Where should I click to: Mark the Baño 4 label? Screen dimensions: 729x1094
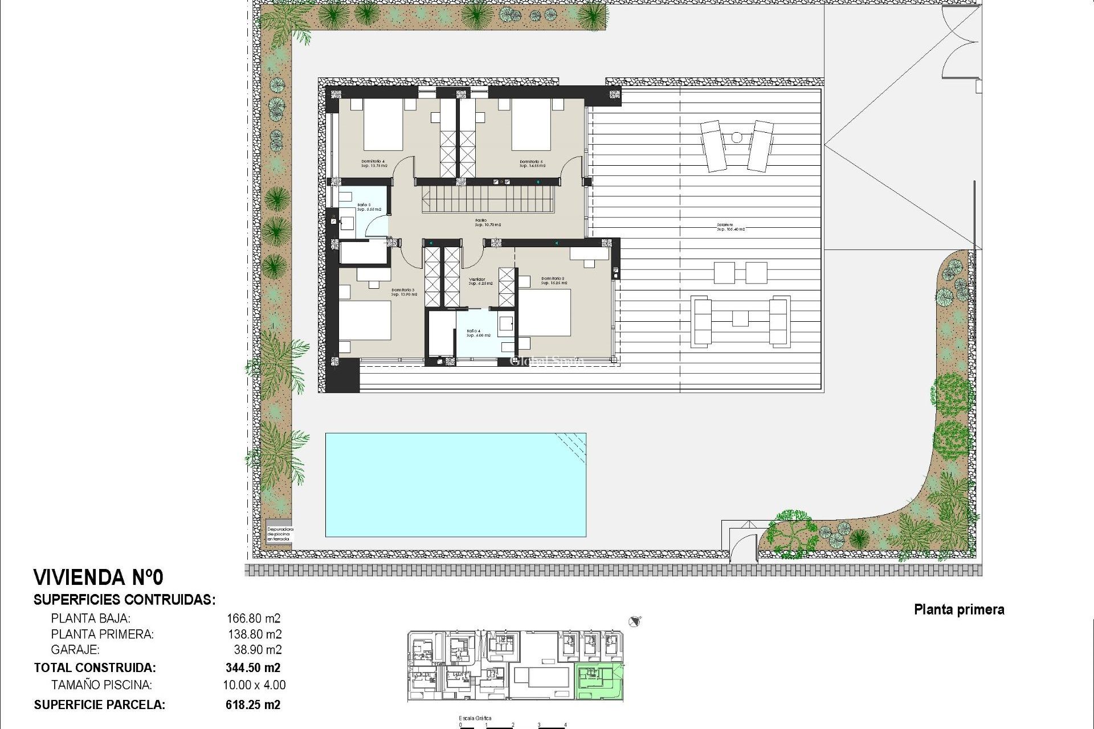coord(478,333)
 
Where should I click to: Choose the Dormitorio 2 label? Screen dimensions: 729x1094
coord(553,281)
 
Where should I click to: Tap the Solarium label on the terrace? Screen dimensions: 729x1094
coord(730,227)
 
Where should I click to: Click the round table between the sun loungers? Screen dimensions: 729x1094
coord(737,137)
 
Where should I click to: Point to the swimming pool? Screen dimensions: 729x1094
coord(455,485)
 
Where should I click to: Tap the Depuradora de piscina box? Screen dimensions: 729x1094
coord(279,533)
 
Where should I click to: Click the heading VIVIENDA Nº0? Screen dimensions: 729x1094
coord(99,578)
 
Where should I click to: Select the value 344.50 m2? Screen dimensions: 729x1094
coord(253,667)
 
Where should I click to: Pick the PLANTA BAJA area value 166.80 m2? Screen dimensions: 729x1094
coord(254,618)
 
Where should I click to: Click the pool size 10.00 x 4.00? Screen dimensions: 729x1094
coord(254,685)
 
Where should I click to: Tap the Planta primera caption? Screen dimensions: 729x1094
coord(959,609)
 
